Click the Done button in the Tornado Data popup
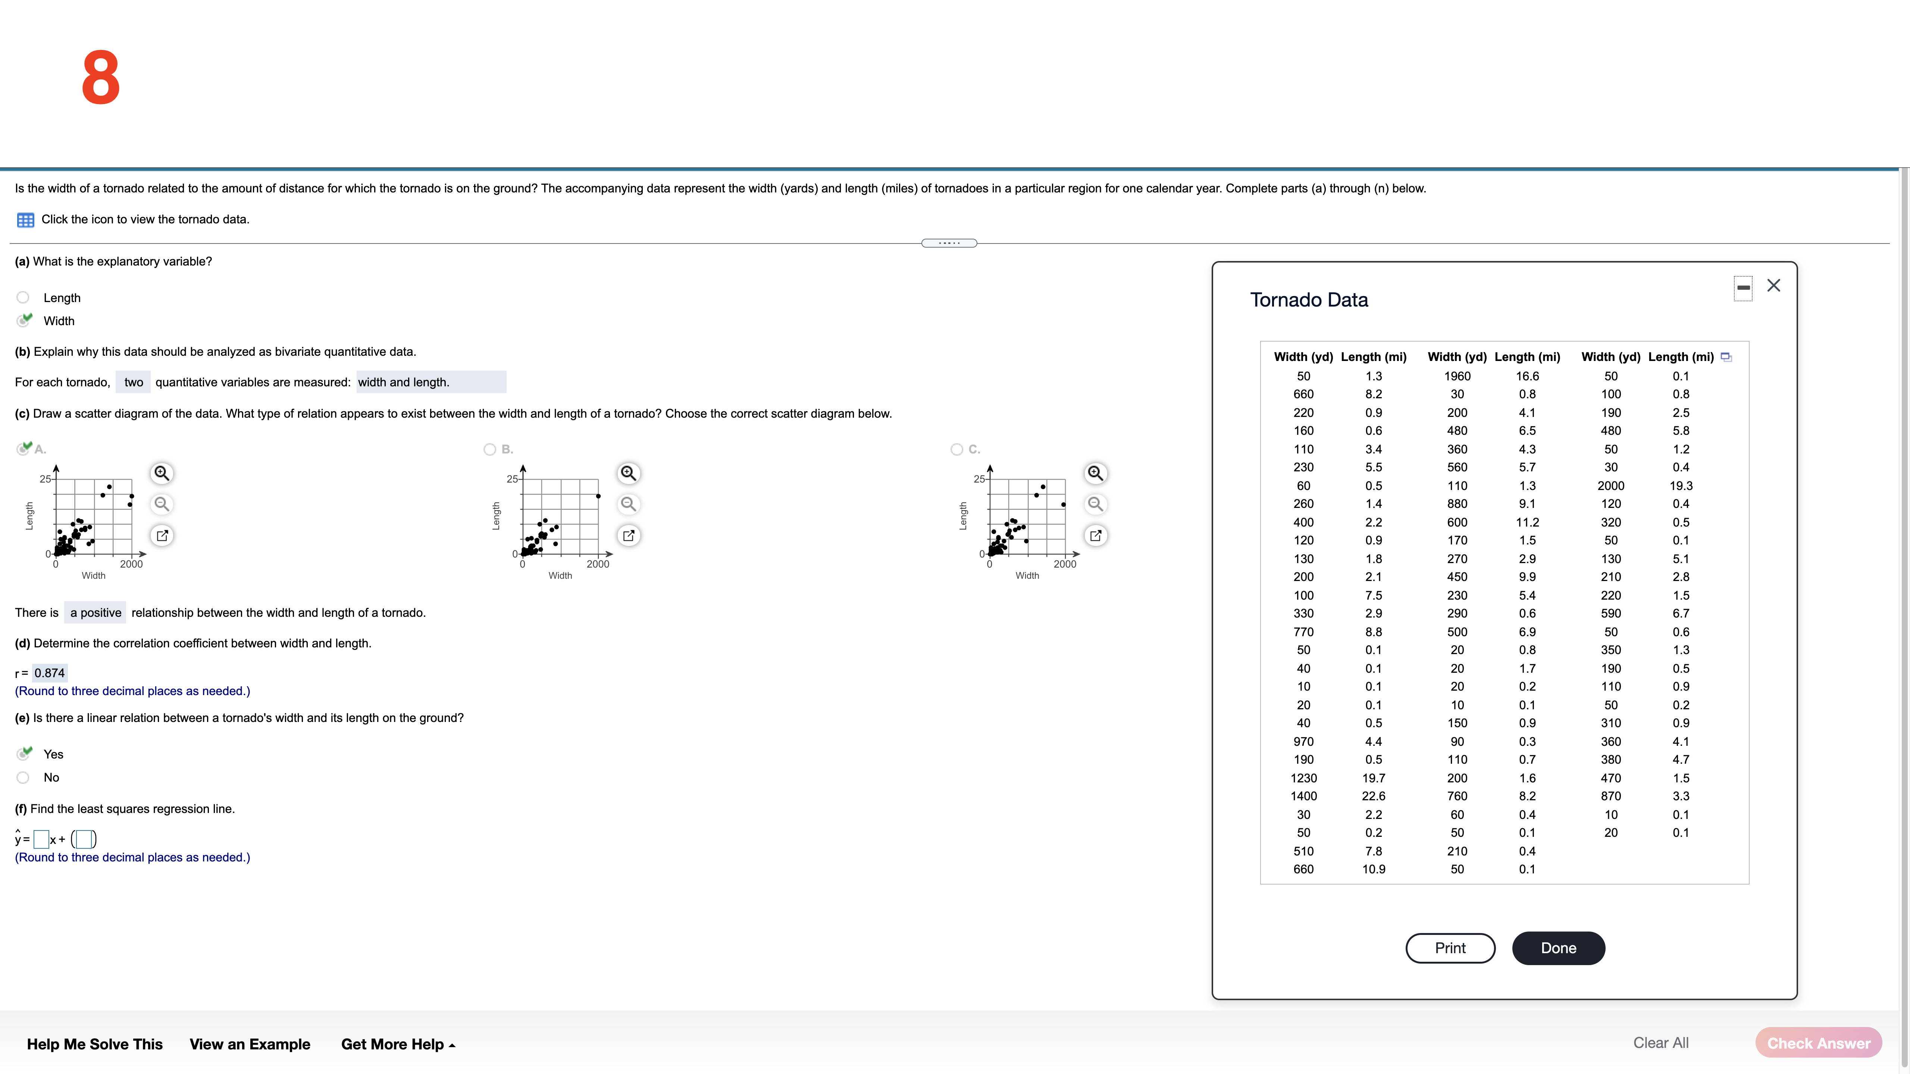point(1558,948)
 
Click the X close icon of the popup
point(1773,285)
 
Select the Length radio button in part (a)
point(23,297)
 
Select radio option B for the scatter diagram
point(489,449)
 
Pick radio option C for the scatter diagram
point(956,449)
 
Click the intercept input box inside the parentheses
point(84,839)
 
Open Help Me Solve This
point(95,1044)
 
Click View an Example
point(250,1044)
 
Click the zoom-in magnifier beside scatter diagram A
point(162,473)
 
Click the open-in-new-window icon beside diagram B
point(628,535)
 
